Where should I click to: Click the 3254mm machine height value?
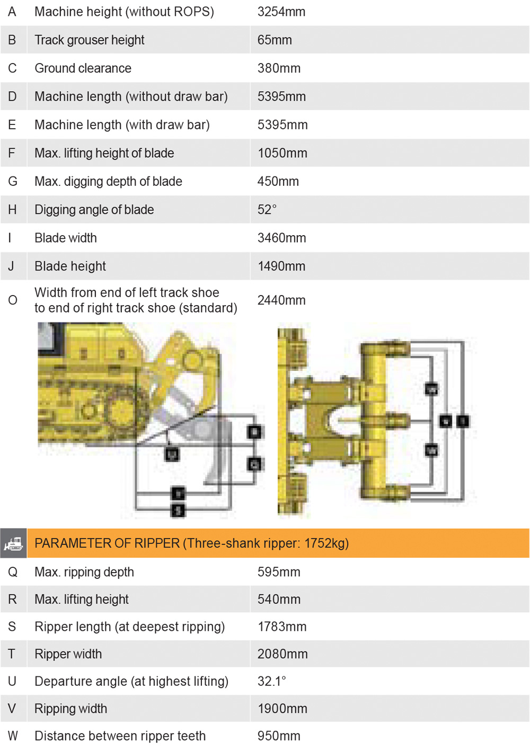click(281, 12)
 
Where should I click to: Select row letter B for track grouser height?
click(12, 40)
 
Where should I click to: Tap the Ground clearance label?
click(83, 68)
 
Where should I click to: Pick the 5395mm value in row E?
click(282, 125)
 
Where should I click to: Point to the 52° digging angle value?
click(267, 210)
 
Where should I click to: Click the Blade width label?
click(66, 238)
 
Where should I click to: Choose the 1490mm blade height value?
click(281, 266)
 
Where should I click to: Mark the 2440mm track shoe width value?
click(281, 300)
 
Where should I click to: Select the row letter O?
click(13, 300)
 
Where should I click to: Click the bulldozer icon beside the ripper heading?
click(13, 543)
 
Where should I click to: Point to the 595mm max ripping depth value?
click(279, 572)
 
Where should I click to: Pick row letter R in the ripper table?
click(12, 600)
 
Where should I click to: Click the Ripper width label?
click(68, 654)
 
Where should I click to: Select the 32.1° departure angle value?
click(271, 681)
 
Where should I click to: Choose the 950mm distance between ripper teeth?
click(279, 736)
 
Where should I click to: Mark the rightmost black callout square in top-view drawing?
click(463, 421)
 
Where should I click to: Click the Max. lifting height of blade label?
click(104, 154)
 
